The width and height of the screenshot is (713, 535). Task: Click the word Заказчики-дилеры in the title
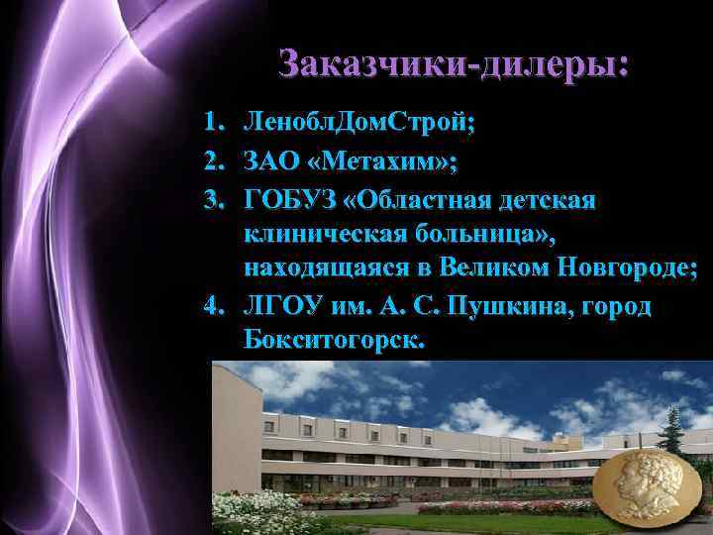pos(453,64)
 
